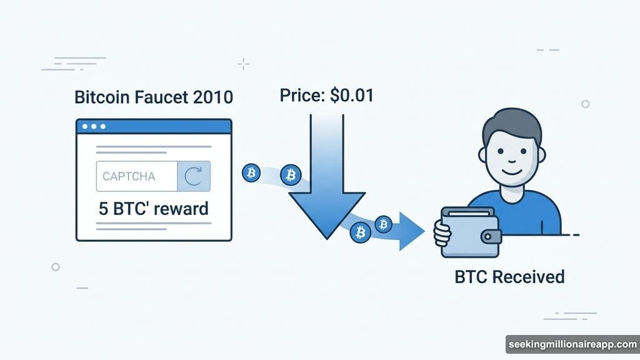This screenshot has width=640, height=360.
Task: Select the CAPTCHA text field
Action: click(136, 176)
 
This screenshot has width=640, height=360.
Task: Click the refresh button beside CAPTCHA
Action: click(194, 176)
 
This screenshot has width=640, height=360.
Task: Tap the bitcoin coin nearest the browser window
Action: click(251, 173)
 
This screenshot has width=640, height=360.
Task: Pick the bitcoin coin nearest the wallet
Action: click(382, 223)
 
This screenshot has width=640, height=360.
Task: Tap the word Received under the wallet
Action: click(528, 276)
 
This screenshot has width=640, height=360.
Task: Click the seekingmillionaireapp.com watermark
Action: click(571, 345)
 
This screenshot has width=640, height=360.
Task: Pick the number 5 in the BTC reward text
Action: click(103, 208)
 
